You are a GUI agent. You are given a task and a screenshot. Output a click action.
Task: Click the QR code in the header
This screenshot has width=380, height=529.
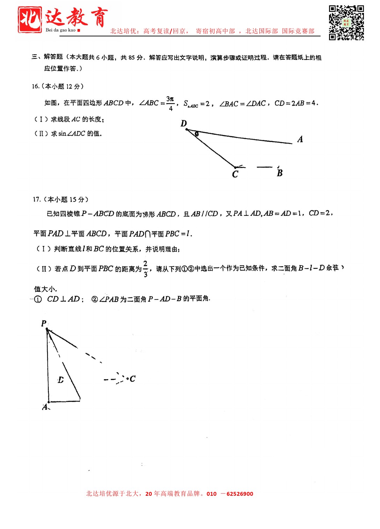point(346,23)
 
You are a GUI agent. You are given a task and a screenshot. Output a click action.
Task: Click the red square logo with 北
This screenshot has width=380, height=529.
point(30,20)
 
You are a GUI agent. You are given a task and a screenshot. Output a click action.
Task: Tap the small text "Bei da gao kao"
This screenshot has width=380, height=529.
point(60,30)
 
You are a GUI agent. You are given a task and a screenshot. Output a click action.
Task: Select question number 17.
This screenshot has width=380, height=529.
point(37,199)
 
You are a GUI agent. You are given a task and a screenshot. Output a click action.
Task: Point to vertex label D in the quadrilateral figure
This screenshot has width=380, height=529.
point(184,123)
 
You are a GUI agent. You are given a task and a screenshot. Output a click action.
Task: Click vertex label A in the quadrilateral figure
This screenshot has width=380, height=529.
point(300,139)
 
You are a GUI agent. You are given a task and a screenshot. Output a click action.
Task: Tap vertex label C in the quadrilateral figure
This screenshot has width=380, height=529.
point(235,174)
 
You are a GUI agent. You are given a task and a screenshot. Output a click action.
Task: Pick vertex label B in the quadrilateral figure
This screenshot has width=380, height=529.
point(280,173)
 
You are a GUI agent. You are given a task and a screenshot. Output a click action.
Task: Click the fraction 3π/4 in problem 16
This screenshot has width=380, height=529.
point(170,104)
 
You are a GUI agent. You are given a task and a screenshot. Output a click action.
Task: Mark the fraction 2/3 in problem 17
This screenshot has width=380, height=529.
point(145,269)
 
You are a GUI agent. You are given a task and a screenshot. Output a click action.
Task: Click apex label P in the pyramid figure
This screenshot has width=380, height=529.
point(44,323)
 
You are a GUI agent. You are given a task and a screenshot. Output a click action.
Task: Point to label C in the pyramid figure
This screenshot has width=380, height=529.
point(132,379)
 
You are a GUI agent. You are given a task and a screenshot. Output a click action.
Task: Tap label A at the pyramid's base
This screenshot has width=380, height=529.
point(45,407)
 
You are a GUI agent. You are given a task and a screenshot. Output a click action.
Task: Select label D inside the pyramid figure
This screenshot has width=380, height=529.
point(61,380)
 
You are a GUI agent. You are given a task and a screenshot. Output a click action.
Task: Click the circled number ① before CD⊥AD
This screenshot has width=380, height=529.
point(38,299)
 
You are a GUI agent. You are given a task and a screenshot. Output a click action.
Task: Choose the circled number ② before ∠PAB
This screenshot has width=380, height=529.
point(95,299)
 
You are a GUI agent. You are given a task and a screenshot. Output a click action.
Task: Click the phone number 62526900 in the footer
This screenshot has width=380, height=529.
point(240,494)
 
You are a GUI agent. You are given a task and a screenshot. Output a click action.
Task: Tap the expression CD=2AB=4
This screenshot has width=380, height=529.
point(296,103)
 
